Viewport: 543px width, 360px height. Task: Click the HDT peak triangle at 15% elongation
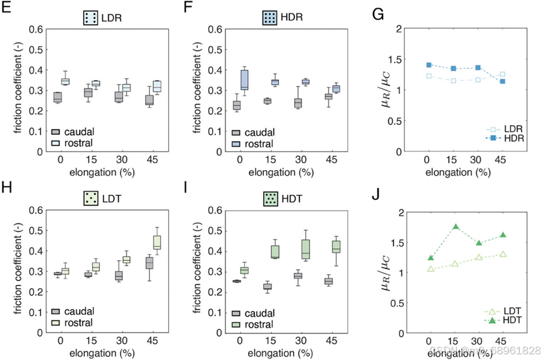tap(455, 227)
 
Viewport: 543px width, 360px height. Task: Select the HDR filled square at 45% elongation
tap(502, 81)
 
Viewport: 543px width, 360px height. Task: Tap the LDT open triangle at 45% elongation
tap(502, 254)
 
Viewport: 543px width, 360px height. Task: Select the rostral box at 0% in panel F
tap(244, 79)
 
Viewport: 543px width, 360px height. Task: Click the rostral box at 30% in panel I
tap(306, 250)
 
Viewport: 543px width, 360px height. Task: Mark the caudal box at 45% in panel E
tap(148, 99)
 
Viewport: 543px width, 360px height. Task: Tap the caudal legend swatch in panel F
tap(236, 131)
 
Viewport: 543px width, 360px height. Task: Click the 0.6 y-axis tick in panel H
tap(37, 210)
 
